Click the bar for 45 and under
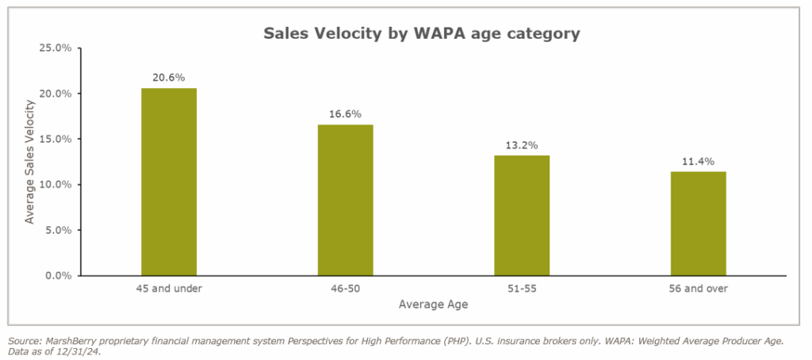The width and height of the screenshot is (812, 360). click(168, 182)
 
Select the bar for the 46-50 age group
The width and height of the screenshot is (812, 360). click(345, 200)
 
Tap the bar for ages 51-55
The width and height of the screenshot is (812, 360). click(522, 215)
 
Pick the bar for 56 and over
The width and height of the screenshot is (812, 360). click(698, 224)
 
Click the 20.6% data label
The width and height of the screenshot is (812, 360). click(168, 78)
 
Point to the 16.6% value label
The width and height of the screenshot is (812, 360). click(345, 114)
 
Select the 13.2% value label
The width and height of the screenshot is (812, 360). click(522, 145)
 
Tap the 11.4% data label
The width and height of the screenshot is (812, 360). click(698, 162)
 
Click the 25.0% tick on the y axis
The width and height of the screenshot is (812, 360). click(56, 48)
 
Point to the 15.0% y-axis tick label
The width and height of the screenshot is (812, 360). click(56, 140)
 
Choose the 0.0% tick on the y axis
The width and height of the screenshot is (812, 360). click(58, 276)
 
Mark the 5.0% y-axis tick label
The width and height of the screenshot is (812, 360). click(58, 231)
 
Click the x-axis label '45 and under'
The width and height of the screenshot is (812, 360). click(168, 289)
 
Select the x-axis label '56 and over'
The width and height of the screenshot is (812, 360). click(698, 289)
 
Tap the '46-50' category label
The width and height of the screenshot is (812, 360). click(345, 289)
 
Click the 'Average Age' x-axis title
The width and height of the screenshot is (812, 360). click(433, 304)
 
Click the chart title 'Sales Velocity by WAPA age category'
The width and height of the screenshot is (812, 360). click(421, 34)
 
